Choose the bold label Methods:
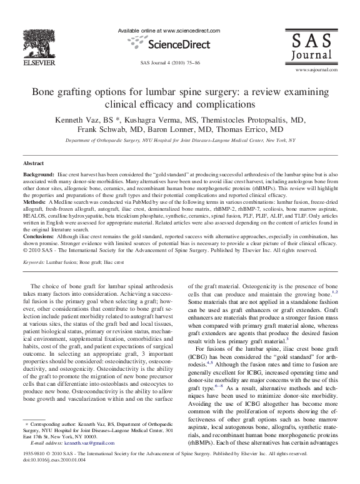(34, 203)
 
